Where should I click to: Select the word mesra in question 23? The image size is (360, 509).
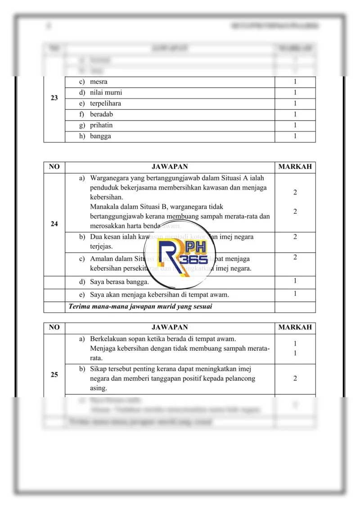click(99, 82)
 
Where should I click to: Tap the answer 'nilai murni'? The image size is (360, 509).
click(106, 93)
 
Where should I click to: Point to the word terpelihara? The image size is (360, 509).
click(105, 104)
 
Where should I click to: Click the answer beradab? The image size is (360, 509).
click(101, 114)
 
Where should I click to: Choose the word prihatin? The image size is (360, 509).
click(101, 125)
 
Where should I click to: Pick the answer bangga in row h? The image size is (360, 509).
click(100, 136)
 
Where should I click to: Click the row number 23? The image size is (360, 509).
click(54, 98)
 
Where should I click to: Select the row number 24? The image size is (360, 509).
click(54, 224)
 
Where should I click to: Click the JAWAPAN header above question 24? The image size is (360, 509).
click(170, 167)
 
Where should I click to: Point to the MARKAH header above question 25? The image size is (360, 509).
click(295, 328)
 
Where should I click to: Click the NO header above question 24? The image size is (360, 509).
click(54, 167)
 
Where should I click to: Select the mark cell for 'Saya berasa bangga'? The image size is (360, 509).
click(295, 281)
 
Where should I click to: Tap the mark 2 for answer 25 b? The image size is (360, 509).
click(295, 378)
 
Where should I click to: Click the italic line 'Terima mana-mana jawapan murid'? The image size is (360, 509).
click(140, 307)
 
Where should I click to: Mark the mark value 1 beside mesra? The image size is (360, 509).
click(295, 82)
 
